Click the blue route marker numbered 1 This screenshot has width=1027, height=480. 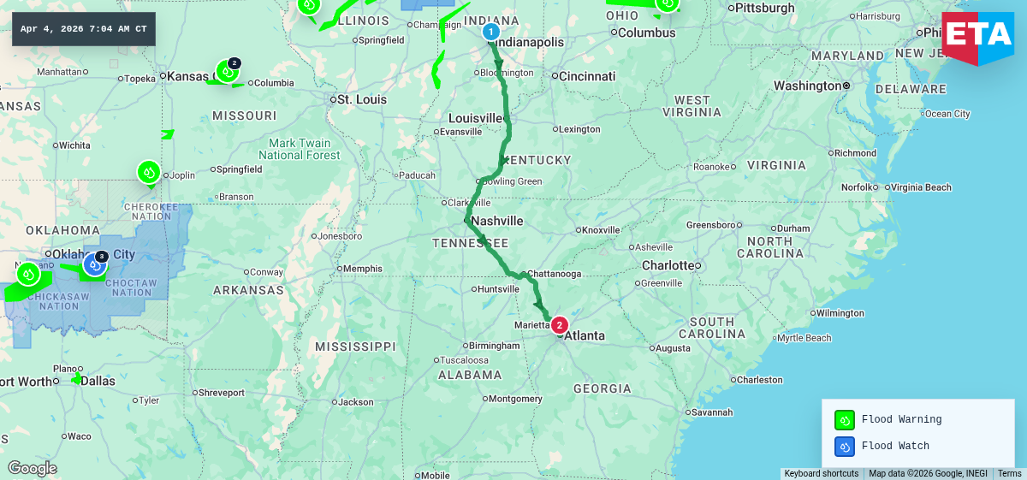click(x=490, y=33)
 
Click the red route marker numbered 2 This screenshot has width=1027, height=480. click(x=559, y=325)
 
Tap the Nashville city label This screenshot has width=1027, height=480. click(x=496, y=221)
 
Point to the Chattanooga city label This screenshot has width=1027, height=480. click(x=554, y=274)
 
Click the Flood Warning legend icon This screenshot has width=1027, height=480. click(x=845, y=420)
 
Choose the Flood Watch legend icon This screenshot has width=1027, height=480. click(x=845, y=447)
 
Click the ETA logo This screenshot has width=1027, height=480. click(x=977, y=39)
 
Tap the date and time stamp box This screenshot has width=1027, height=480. click(x=83, y=29)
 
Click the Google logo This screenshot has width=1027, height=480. click(x=33, y=468)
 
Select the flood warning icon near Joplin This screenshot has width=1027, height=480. click(x=149, y=172)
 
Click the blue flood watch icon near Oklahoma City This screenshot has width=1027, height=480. click(x=94, y=265)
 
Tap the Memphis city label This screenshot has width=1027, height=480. click(x=362, y=269)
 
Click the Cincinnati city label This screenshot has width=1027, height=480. click(x=587, y=76)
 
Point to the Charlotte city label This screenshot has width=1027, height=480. click(x=667, y=265)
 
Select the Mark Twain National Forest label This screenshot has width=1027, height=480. click(x=300, y=149)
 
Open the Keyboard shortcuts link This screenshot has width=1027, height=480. click(x=821, y=473)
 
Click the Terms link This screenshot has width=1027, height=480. click(x=1009, y=473)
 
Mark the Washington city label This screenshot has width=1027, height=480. click(x=808, y=86)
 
